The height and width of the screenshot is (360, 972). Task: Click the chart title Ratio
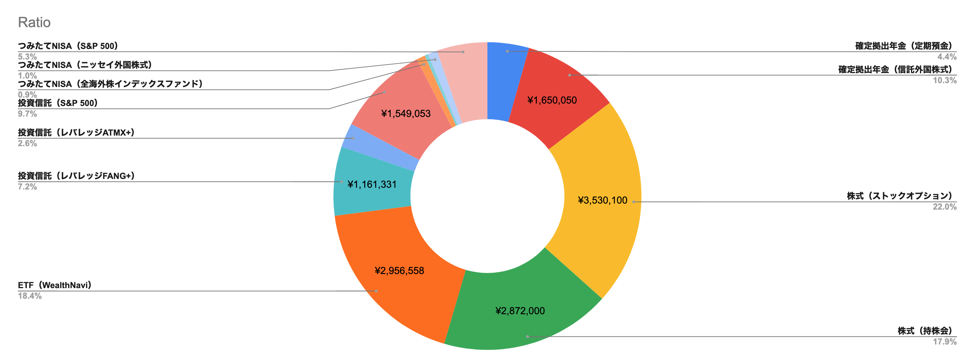tap(34, 23)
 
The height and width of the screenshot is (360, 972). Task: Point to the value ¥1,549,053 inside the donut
tap(406, 113)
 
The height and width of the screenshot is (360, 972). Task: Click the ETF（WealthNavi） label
tap(55, 285)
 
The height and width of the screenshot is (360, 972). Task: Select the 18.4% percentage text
tap(29, 296)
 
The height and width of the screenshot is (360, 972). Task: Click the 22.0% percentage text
tap(944, 206)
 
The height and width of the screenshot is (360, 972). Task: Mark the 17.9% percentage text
tap(944, 342)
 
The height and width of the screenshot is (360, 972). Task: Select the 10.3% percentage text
tap(944, 80)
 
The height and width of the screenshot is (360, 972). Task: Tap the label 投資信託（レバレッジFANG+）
tap(76, 176)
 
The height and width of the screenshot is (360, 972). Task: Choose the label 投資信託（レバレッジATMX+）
tap(76, 132)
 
